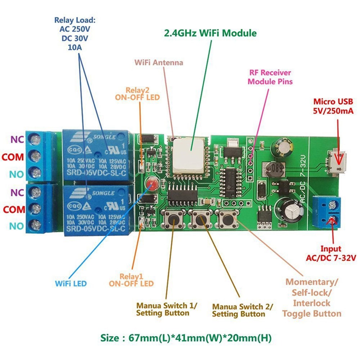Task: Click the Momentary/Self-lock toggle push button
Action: tap(226, 218)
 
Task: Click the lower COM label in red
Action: tap(13, 209)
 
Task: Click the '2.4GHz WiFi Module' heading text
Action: tap(210, 33)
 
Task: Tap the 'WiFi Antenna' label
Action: tap(159, 63)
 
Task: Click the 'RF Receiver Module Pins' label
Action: tap(270, 77)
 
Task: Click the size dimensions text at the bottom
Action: tap(186, 338)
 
